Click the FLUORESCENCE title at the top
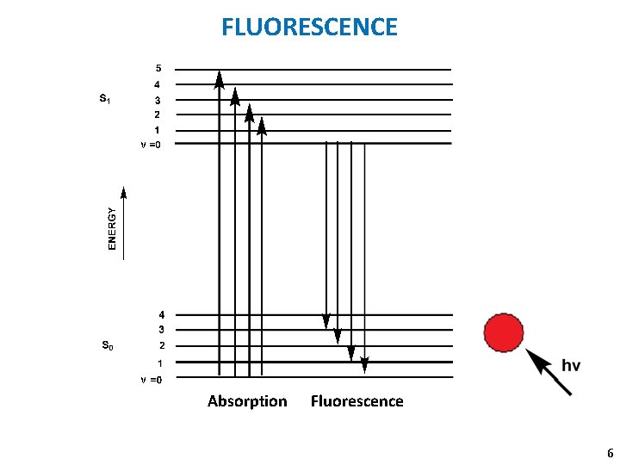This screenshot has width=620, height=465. pos(310,27)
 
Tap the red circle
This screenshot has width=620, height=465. pos(504,332)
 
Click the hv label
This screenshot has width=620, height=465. pos(571,365)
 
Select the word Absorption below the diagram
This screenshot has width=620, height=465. pos(247,401)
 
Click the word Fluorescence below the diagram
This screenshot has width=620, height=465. pos(356,401)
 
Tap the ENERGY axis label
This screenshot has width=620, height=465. pos(111,227)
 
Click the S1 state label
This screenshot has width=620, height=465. pos(104,99)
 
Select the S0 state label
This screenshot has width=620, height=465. pos(107,346)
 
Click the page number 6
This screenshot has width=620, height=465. pos(610,453)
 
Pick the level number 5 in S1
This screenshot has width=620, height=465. pos(158,67)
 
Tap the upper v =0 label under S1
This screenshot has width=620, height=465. pos(150,145)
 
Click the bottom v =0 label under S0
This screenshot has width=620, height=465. pos(150,379)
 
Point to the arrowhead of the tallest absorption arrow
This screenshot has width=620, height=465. pos(220,79)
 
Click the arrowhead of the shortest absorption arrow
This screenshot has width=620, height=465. pos(262,127)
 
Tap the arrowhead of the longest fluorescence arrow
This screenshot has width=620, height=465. pos(364,364)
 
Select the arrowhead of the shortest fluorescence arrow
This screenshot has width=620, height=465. pos(325,320)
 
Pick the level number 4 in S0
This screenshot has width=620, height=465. pos(161,315)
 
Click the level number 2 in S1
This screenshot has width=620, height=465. pos(157,115)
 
